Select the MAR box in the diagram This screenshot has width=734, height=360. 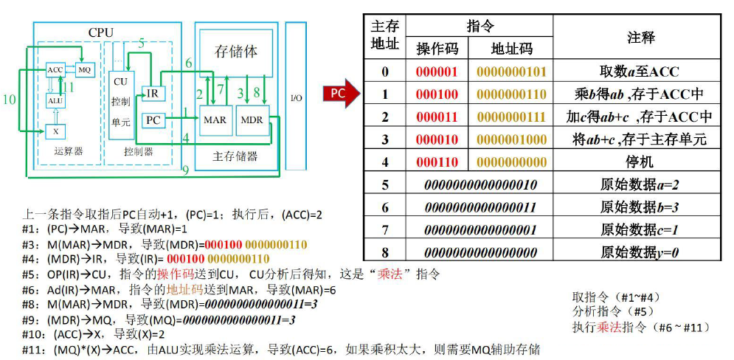pos(215,120)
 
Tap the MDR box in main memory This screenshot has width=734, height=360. pos(252,120)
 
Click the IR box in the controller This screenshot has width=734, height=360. pos(151,94)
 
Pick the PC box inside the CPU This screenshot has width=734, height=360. pos(153,120)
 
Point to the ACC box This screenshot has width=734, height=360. pos(55,69)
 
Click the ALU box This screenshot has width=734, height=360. pos(55,101)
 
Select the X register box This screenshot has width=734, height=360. pos(55,131)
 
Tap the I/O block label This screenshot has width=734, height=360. pos(296,98)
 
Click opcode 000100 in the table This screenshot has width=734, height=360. pos(437,94)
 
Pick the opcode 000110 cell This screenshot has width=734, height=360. pos(437,162)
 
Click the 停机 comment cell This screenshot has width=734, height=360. pos(639,162)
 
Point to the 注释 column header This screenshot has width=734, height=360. pos(639,37)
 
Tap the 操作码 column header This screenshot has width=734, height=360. pos(437,49)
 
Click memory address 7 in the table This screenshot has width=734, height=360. pos(384,229)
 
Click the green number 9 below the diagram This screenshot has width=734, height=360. pos(186,170)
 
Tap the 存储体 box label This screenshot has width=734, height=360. pos(236,52)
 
